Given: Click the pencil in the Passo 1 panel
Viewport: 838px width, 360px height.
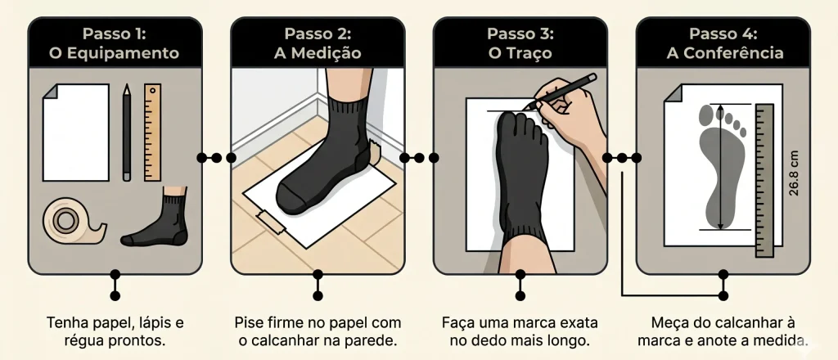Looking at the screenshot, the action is [126, 133].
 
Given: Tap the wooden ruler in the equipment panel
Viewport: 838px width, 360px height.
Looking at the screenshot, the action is [152, 133].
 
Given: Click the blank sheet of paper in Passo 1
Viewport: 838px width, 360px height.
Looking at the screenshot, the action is [76, 133].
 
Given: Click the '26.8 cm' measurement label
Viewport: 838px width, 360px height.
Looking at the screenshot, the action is [794, 173].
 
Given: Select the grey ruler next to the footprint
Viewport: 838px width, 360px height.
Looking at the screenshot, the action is [764, 181].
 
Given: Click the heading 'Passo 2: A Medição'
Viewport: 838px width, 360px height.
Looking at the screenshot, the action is [318, 43].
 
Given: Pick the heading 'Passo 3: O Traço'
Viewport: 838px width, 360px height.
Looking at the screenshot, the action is [520, 43].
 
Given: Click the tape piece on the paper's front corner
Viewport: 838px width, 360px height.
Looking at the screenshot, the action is [272, 222].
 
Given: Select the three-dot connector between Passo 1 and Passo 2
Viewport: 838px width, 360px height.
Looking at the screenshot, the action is [216, 158].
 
